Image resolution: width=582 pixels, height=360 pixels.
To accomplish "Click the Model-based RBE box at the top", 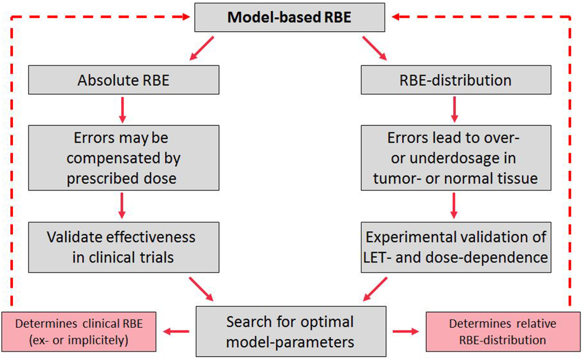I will coord(292,17).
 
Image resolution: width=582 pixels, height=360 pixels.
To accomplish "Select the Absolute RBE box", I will coord(123,80).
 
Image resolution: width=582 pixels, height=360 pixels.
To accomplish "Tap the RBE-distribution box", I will coord(455,80).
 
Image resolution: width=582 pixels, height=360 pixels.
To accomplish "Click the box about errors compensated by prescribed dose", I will coord(123,158).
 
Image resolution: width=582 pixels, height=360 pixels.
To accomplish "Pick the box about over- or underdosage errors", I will coord(455,158).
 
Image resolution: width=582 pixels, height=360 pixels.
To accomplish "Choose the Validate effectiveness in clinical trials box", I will coord(123,247).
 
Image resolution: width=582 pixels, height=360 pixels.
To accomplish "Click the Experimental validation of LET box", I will coord(455,247).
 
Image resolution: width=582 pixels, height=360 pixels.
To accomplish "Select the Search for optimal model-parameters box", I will coord(291,331).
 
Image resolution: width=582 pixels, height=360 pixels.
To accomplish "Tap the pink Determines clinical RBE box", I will coord(79,332).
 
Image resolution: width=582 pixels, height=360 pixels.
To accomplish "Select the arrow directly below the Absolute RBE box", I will coord(122,109).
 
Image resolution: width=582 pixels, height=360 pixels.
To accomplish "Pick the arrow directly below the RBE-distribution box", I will coord(453,109).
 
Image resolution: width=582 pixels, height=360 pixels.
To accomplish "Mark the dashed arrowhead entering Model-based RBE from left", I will coord(184,17).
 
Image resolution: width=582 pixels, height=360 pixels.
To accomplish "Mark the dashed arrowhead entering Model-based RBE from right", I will coord(399,17).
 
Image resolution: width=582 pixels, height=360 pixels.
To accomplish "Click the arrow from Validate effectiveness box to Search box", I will coord(202,288).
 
